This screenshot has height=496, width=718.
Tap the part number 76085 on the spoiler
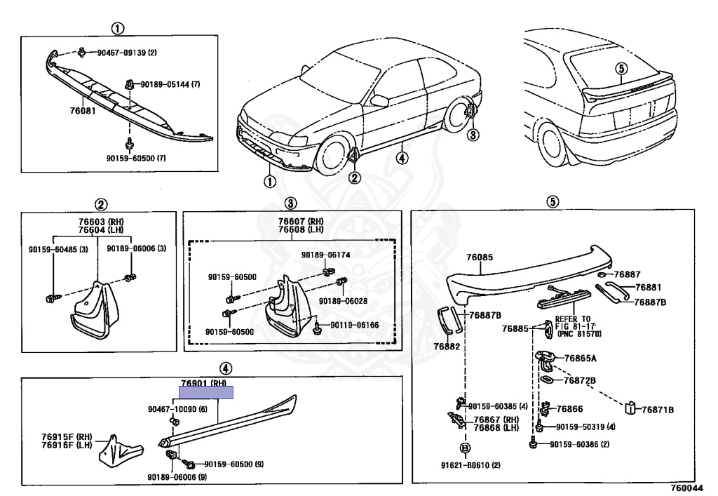coord(480,257)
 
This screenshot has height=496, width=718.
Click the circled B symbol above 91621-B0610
coord(464,448)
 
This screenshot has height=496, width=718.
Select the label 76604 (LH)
coord(97,230)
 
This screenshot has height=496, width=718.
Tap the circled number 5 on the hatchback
coord(620,68)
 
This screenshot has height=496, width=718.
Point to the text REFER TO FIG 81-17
coord(573,323)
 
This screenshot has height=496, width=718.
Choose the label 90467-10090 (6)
coord(177,409)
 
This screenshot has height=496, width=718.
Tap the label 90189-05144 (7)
coord(170,84)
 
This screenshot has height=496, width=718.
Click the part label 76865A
coord(580,358)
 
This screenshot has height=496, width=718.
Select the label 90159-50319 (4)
coord(585,427)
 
